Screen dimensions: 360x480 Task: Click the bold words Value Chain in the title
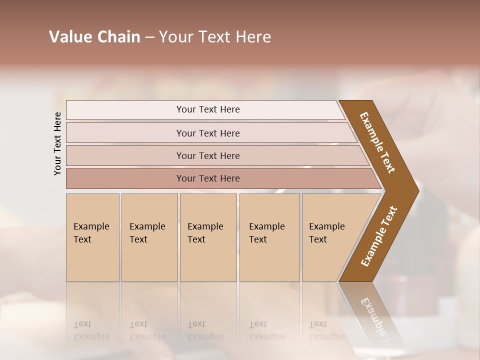[x=94, y=37]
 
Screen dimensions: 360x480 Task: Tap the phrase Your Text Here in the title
[x=215, y=37]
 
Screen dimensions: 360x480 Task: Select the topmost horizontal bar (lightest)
[x=125, y=110]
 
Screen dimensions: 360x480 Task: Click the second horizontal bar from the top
[x=125, y=133]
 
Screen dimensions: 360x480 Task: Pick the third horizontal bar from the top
[x=125, y=155]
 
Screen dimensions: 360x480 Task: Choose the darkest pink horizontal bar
[x=125, y=178]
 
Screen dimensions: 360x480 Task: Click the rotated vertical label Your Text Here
[x=57, y=143]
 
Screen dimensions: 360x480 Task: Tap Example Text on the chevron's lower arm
[x=379, y=236]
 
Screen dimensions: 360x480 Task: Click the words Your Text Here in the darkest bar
[x=208, y=178]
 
